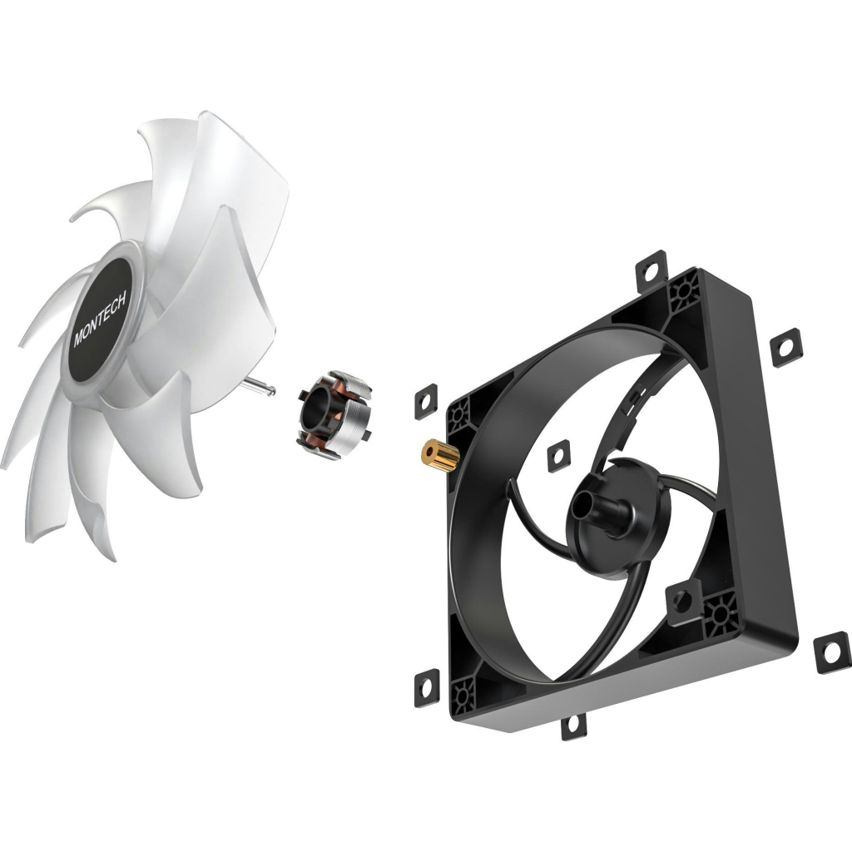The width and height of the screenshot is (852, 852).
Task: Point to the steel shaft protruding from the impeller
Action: pyautogui.click(x=263, y=384)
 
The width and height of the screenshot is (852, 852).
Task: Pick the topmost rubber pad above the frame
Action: pyautogui.click(x=652, y=269)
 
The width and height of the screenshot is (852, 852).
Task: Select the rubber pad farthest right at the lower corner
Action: pyautogui.click(x=831, y=649)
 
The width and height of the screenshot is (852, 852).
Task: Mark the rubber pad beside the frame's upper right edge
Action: pyautogui.click(x=785, y=346)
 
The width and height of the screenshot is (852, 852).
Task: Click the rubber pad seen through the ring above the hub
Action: pyautogui.click(x=558, y=455)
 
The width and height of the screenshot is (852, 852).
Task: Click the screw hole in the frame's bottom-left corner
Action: pyautogui.click(x=463, y=691)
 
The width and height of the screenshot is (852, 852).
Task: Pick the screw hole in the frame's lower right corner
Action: pyautogui.click(x=717, y=615)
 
